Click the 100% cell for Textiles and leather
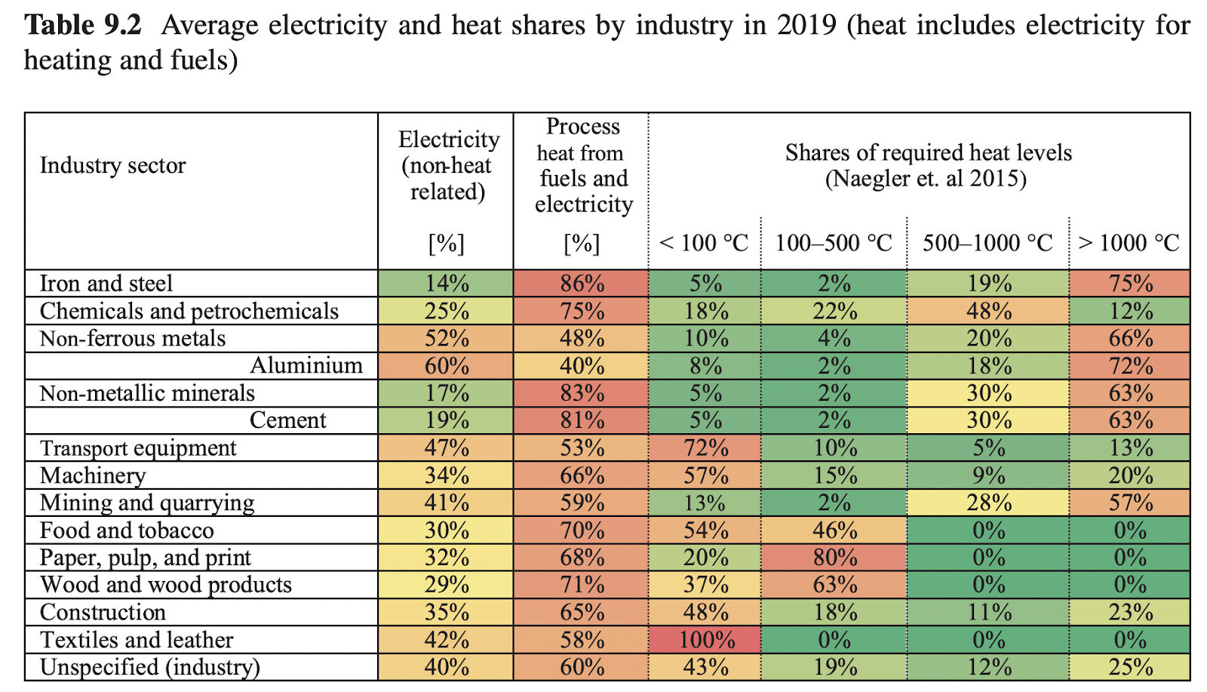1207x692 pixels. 705,640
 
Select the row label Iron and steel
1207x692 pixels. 106,283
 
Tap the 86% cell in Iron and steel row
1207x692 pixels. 582,283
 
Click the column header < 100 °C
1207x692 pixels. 704,243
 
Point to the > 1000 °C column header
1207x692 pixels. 1129,243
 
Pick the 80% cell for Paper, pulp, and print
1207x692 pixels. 834,558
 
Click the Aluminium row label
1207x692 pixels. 306,365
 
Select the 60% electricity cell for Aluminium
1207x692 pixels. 447,365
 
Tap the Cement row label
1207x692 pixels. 288,420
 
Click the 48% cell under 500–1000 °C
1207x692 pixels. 988,311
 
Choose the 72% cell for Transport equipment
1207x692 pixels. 705,448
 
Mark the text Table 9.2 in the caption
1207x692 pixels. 83,26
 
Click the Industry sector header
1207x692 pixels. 112,165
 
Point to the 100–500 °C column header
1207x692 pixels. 834,243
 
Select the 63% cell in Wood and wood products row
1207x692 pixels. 834,585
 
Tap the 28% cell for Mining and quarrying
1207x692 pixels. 988,503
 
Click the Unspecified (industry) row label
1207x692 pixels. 149,667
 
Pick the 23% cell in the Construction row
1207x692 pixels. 1130,612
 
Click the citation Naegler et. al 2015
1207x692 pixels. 926,179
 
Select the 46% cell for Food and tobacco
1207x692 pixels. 834,531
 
